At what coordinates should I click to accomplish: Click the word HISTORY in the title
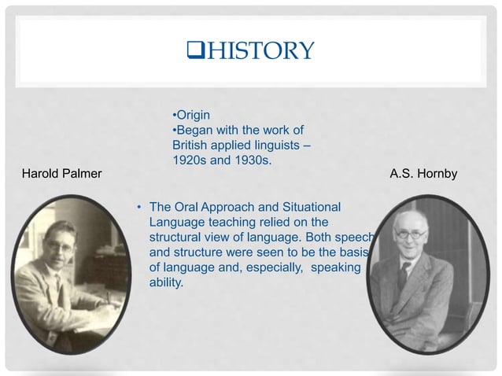[260, 51]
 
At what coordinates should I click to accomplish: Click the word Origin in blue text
[193, 116]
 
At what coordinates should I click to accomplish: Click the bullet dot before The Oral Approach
[138, 208]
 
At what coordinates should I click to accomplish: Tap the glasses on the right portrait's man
[410, 234]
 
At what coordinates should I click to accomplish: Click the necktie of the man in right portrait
[403, 275]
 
